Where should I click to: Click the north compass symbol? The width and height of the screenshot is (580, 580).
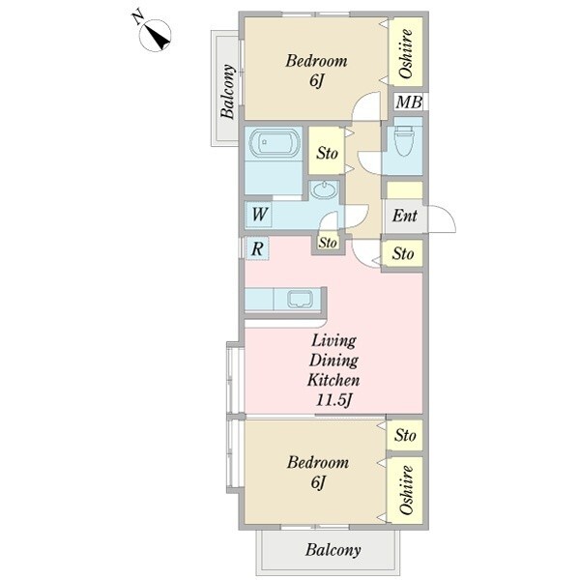(156, 36)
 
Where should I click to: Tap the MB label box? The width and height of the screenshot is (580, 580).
(408, 102)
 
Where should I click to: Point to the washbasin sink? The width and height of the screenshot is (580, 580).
(324, 190)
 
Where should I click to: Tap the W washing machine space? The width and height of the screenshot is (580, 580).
(259, 215)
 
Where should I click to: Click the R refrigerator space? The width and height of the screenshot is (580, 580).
(257, 249)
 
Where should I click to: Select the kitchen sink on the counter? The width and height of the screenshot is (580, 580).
(301, 299)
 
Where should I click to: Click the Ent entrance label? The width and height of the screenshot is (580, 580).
(404, 216)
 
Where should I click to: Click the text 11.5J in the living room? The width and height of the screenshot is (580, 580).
(333, 400)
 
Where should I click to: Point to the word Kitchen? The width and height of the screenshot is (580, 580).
(333, 380)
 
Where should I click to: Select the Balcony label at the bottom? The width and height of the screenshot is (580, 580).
(333, 550)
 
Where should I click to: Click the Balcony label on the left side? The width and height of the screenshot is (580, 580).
(228, 92)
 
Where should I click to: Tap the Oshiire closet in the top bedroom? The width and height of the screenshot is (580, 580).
(406, 52)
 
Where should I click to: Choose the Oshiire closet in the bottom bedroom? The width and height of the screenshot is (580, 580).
(406, 490)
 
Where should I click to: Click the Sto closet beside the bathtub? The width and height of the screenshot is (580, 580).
(327, 151)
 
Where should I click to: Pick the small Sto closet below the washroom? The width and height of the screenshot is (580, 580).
(328, 243)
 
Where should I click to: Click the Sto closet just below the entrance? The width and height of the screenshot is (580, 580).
(403, 253)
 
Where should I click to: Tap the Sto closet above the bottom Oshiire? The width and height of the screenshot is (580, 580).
(405, 435)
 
